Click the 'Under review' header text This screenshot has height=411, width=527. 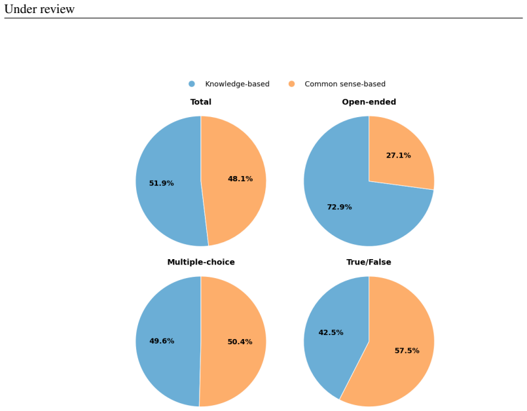pyautogui.click(x=39, y=9)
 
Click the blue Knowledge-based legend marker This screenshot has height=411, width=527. pyautogui.click(x=192, y=84)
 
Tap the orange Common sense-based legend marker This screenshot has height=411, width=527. pyautogui.click(x=291, y=84)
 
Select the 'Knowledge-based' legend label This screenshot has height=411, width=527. pyautogui.click(x=237, y=84)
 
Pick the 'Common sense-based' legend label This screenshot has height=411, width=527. pyautogui.click(x=345, y=84)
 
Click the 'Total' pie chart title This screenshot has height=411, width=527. pyautogui.click(x=200, y=102)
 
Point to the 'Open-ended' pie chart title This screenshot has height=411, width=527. pyautogui.click(x=369, y=102)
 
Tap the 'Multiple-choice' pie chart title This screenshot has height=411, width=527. pyautogui.click(x=201, y=262)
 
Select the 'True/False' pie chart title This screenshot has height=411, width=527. pyautogui.click(x=369, y=262)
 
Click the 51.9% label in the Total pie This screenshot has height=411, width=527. pyautogui.click(x=161, y=183)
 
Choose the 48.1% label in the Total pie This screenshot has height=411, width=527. pyautogui.click(x=240, y=179)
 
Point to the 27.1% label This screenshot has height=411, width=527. pyautogui.click(x=398, y=155)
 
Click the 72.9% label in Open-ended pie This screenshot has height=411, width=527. pyautogui.click(x=340, y=207)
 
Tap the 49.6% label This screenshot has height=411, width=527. pyautogui.click(x=162, y=341)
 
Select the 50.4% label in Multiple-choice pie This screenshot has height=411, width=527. pyautogui.click(x=240, y=342)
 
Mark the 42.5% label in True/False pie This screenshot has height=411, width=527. pyautogui.click(x=331, y=332)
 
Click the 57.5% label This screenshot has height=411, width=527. pyautogui.click(x=407, y=351)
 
